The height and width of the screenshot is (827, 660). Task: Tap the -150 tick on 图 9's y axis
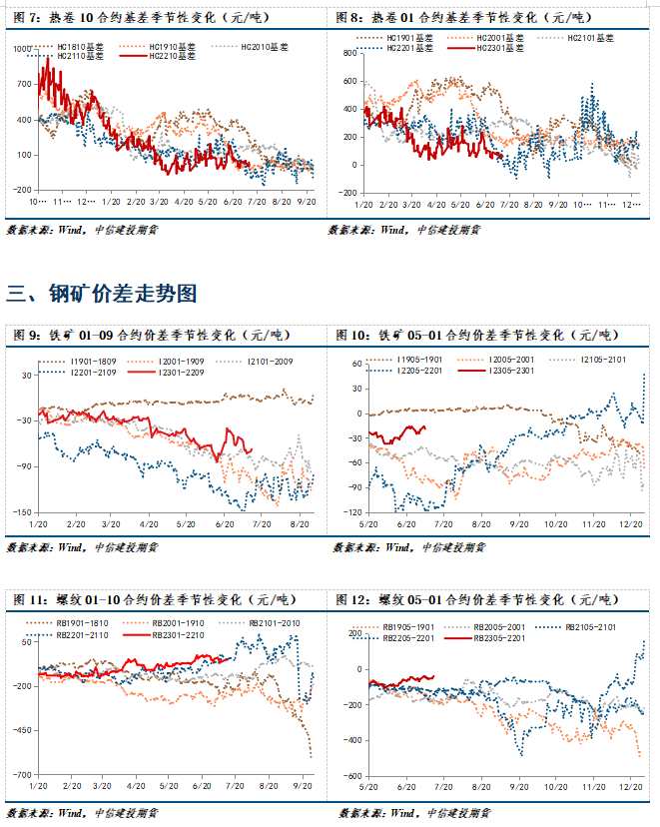19,512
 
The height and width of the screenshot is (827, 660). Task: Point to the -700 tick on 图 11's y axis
19,775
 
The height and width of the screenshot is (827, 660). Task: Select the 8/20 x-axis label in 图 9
297,524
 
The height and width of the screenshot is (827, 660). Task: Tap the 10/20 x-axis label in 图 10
554,524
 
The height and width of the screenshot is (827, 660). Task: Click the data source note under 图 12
410,812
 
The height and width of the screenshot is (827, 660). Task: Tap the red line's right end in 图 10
425,427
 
